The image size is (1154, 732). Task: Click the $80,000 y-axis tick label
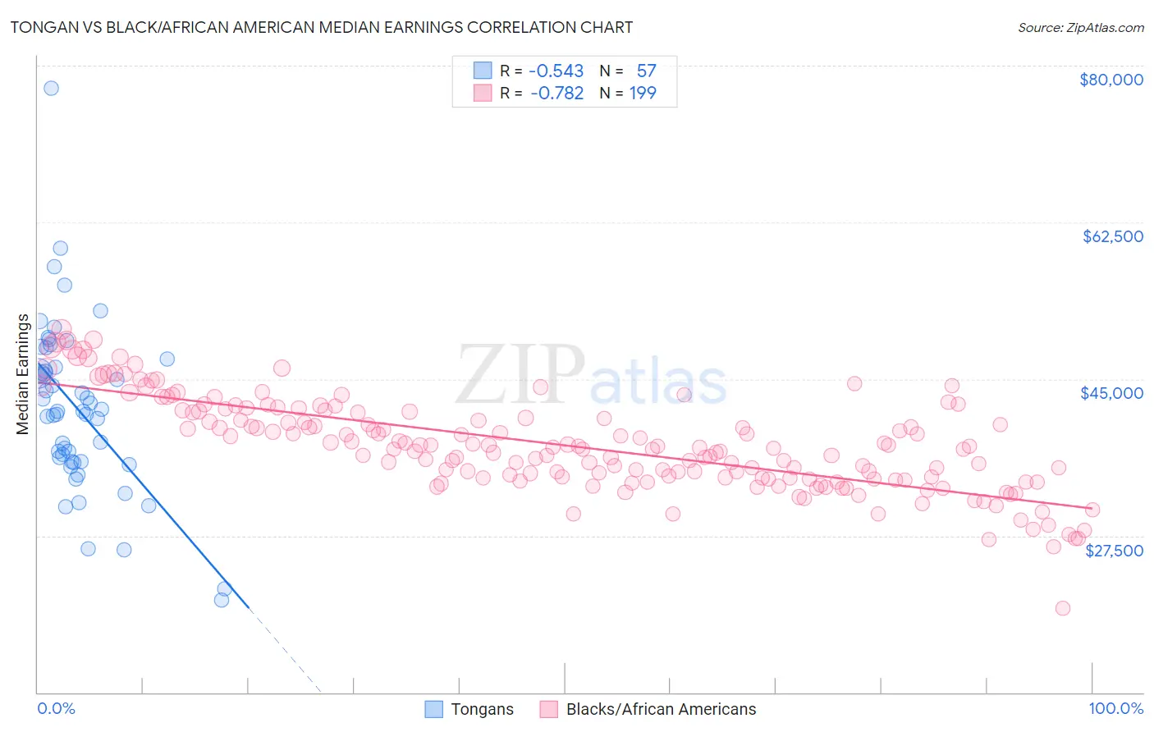click(x=1111, y=80)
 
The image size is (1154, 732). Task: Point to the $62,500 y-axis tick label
click(x=1113, y=236)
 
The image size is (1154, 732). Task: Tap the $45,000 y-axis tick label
click(x=1111, y=393)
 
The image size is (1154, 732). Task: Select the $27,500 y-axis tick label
click(x=1114, y=551)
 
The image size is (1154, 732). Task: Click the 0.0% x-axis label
click(x=56, y=709)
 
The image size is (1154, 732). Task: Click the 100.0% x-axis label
click(x=1115, y=709)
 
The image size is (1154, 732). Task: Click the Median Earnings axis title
click(x=23, y=374)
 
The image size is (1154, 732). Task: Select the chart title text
click(x=321, y=27)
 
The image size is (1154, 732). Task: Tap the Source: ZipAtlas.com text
click(x=1080, y=28)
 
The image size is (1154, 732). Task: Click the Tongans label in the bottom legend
click(x=482, y=710)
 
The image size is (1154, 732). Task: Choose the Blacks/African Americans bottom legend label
click(x=661, y=710)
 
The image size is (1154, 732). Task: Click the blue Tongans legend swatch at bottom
click(x=433, y=710)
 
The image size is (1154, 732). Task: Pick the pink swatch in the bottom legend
click(x=548, y=710)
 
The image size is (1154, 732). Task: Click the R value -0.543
click(x=556, y=71)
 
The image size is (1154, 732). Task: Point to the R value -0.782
click(x=556, y=94)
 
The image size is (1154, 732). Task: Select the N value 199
click(x=643, y=94)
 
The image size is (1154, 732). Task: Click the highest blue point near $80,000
click(x=51, y=88)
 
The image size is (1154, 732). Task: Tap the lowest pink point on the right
click(x=1063, y=608)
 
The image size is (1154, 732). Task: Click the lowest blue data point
click(x=222, y=600)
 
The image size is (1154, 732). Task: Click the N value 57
click(x=646, y=71)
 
